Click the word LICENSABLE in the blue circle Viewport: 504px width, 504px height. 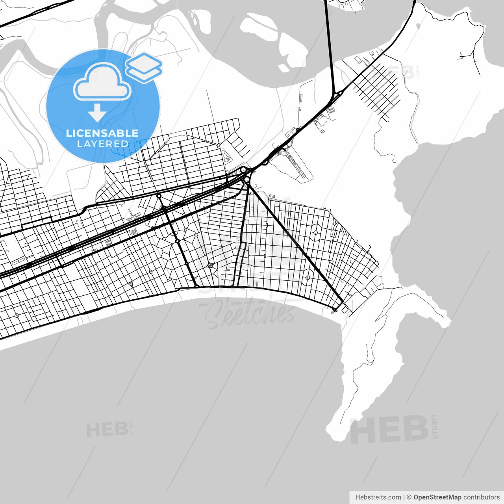(x=102, y=133)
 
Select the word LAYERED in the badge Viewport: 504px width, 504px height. (x=102, y=144)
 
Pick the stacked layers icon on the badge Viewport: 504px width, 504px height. (x=144, y=67)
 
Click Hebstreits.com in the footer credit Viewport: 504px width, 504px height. (x=378, y=497)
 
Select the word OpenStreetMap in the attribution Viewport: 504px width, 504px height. (x=437, y=497)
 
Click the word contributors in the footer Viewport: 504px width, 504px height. (x=482, y=497)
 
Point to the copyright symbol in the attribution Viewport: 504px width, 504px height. (x=409, y=497)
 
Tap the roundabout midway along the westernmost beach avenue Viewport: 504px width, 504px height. (x=178, y=241)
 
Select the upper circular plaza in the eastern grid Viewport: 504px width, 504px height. (x=315, y=232)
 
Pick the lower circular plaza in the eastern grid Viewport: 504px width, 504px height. (x=308, y=278)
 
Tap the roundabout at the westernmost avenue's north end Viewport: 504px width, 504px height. (x=159, y=196)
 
